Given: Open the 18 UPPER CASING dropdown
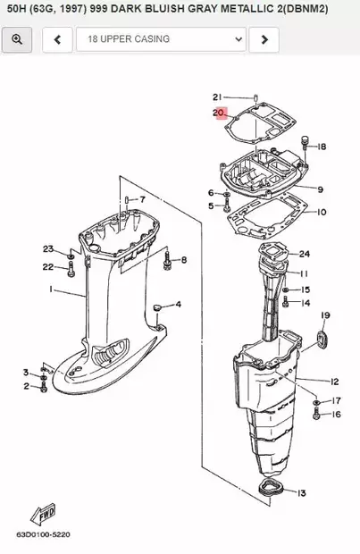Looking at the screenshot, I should [161, 39].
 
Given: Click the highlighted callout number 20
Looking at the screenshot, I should [220, 113].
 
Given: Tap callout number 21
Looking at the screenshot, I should [217, 97].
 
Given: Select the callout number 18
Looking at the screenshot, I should [322, 147].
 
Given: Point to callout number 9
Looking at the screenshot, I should [320, 189].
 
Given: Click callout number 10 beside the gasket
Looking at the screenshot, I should [322, 213].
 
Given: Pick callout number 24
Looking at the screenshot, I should [305, 254].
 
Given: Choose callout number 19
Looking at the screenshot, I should [325, 315].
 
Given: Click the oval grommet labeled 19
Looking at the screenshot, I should [324, 340].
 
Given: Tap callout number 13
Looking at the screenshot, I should [302, 493].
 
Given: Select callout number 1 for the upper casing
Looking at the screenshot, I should [51, 290].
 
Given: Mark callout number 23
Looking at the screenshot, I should [48, 248].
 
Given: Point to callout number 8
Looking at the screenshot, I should [183, 260].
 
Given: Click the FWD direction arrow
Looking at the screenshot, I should [44, 516].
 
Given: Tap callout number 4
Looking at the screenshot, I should [178, 305].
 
